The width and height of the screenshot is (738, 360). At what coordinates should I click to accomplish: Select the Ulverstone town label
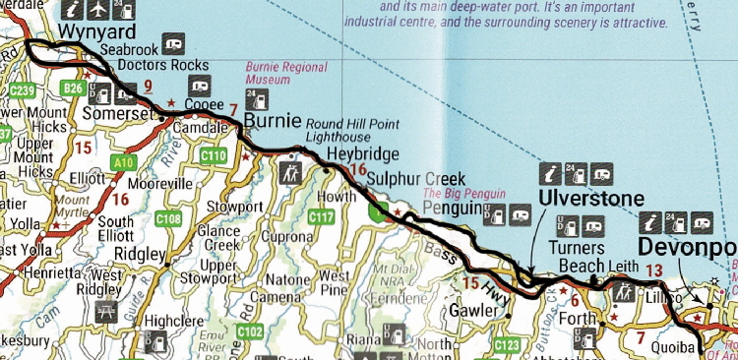tap(590, 199)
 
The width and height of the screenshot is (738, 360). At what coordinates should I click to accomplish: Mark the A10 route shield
tap(123, 160)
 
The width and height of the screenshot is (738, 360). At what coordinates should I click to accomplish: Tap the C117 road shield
tap(322, 215)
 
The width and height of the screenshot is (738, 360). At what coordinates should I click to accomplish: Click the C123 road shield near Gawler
tap(507, 345)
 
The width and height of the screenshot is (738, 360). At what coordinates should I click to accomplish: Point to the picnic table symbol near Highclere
tap(106, 312)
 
